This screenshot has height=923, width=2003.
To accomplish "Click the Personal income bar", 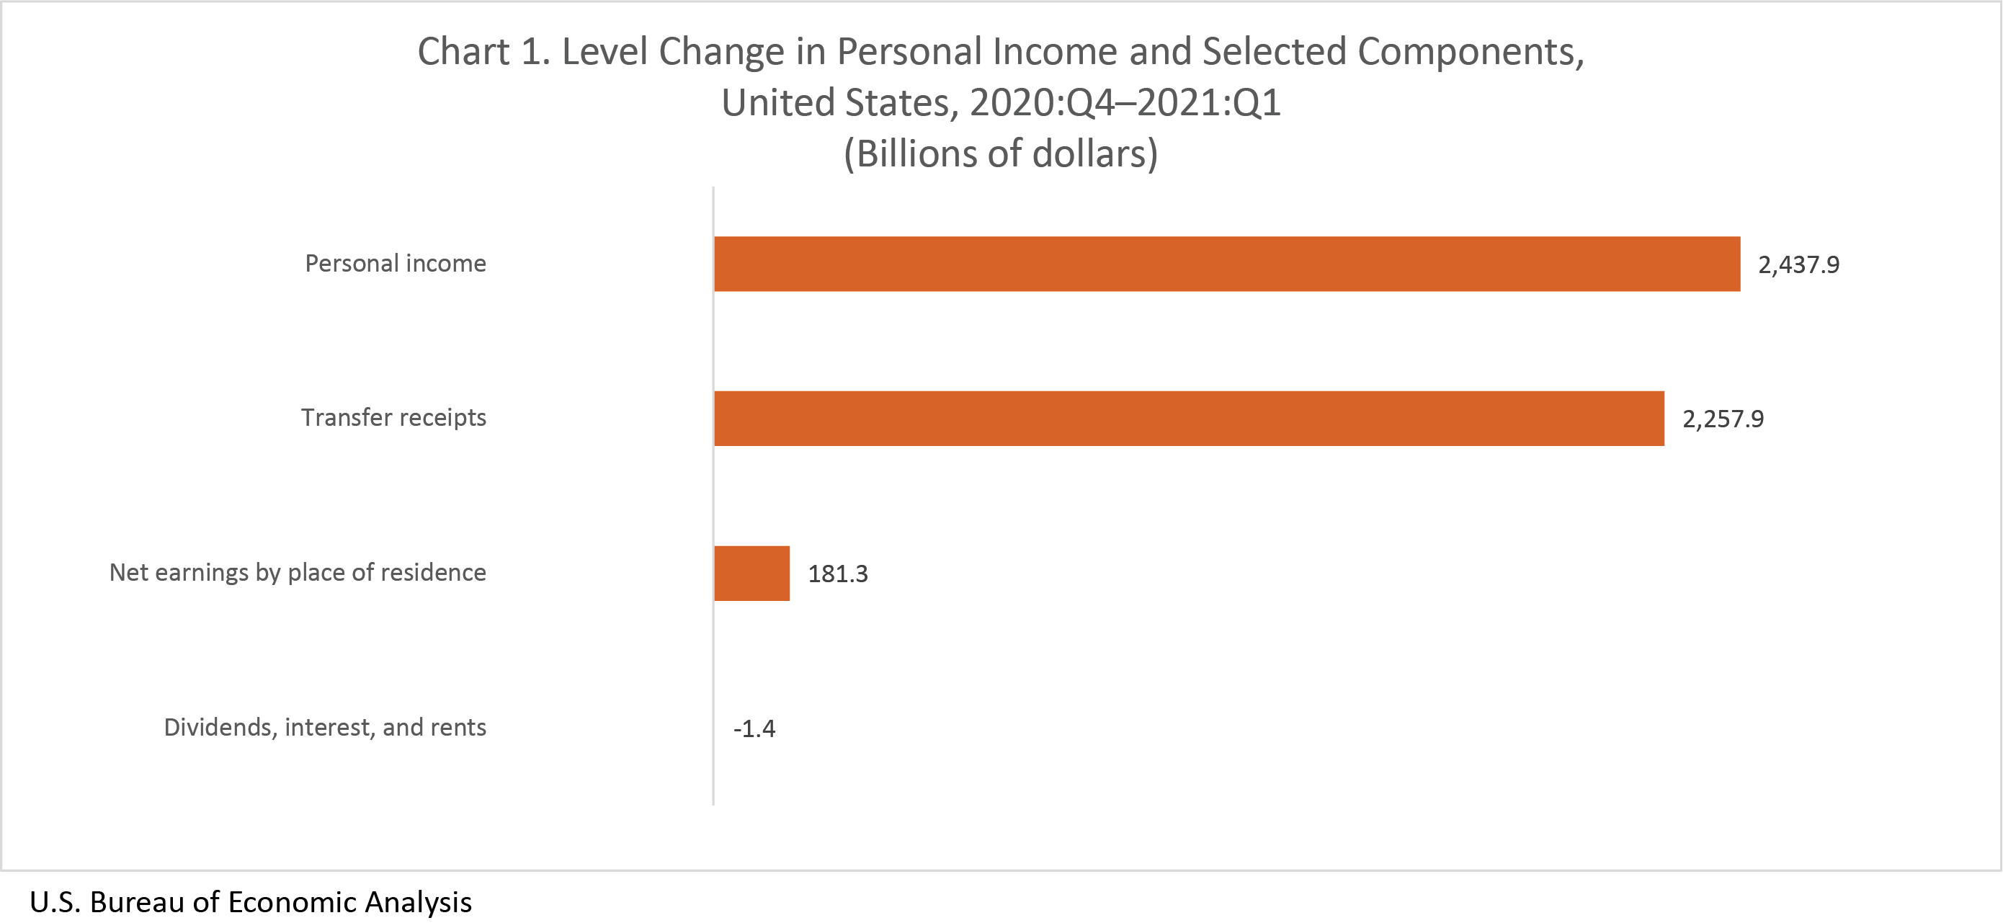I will pyautogui.click(x=1226, y=264).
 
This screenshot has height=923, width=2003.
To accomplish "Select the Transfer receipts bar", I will pyautogui.click(x=1188, y=419).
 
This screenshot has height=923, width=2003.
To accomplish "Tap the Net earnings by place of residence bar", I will pyautogui.click(x=751, y=573).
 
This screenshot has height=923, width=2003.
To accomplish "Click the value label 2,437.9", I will pyautogui.click(x=1798, y=265).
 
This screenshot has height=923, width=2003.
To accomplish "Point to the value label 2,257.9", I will pyautogui.click(x=1722, y=420).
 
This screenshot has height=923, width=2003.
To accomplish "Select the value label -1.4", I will pyautogui.click(x=754, y=729).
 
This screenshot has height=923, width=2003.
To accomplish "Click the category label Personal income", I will pyautogui.click(x=395, y=264).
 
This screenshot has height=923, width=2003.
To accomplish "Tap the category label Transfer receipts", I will pyautogui.click(x=393, y=419).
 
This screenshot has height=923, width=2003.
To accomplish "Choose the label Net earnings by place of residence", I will pyautogui.click(x=297, y=573).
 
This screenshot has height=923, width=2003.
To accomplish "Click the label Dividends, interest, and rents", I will pyautogui.click(x=324, y=728).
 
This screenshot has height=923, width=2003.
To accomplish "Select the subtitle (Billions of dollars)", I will pyautogui.click(x=1001, y=154).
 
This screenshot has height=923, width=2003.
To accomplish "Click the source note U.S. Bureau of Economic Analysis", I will pyautogui.click(x=251, y=902).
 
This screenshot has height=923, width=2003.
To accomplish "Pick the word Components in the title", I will pyautogui.click(x=1470, y=52).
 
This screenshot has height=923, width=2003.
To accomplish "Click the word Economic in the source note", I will pyautogui.click(x=293, y=902).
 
